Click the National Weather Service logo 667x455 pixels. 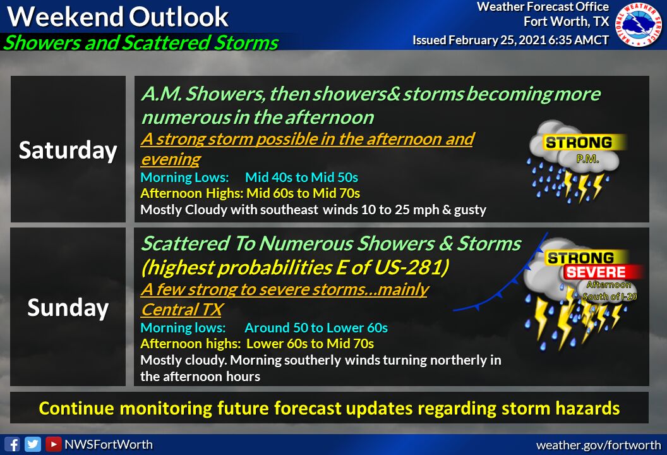639,24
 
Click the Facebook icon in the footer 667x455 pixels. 13,444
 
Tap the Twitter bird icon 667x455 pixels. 33,444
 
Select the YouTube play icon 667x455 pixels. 53,444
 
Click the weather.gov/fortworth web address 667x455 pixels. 599,446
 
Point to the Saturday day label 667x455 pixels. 68,150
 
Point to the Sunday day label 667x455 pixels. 68,307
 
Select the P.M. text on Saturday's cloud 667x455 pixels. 588,159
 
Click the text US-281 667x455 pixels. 411,267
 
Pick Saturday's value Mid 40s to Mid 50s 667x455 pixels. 301,177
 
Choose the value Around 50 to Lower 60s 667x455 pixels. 316,328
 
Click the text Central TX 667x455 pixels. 182,310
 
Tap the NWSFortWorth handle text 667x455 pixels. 109,444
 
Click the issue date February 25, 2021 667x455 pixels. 497,40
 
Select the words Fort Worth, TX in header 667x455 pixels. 566,21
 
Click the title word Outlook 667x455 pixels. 179,17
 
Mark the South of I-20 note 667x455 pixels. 610,296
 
